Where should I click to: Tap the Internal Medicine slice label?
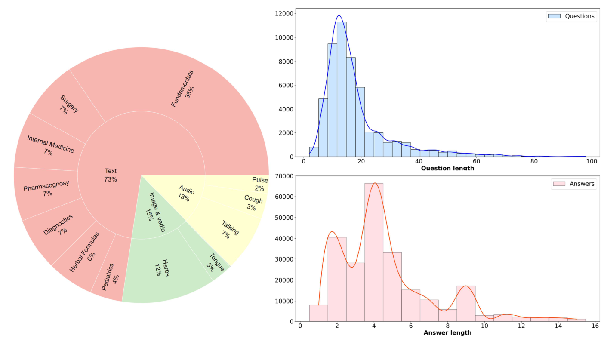coord(49,146)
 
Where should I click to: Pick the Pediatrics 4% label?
coord(110,278)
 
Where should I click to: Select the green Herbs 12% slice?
coord(161,268)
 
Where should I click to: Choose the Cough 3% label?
coord(253,203)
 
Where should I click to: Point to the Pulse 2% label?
coord(260,184)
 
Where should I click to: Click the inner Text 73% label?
coord(111,175)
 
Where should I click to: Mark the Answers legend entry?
coord(573,184)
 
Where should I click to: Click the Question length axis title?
coord(447,168)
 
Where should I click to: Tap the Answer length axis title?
coord(447,332)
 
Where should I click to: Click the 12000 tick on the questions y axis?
coord(284,14)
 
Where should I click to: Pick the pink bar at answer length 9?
coord(466,303)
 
